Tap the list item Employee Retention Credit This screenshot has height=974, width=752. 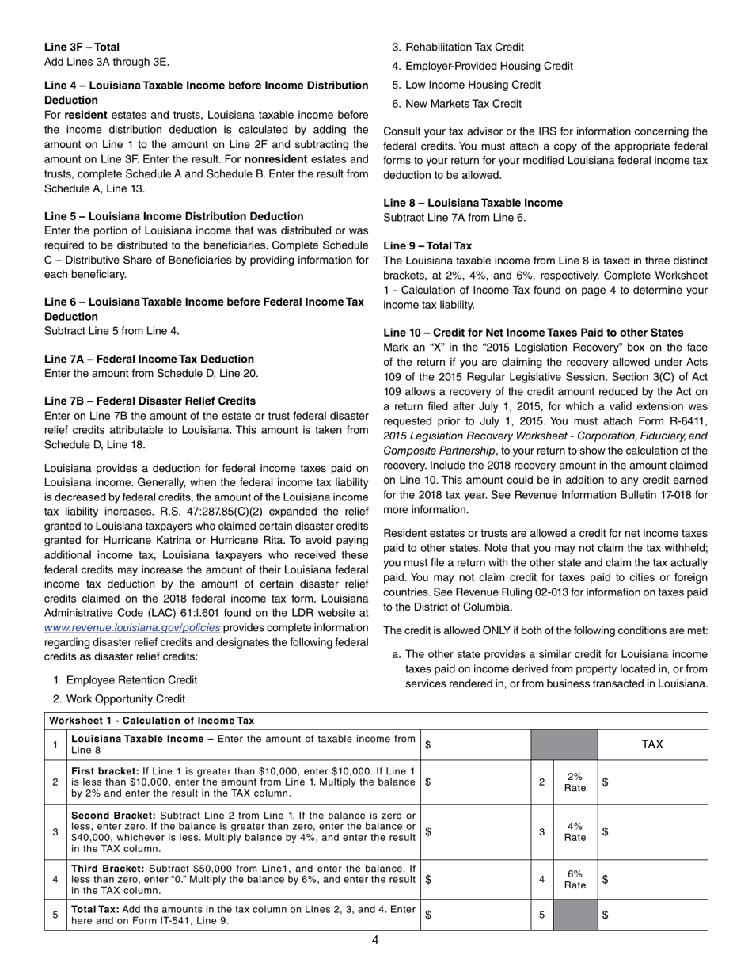(x=131, y=680)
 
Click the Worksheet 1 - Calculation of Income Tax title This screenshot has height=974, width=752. (x=152, y=721)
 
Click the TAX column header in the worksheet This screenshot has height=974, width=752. (x=652, y=744)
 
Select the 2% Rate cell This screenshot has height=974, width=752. (x=575, y=782)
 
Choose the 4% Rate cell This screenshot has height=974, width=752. (x=575, y=831)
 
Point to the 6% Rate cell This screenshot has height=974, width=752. (x=575, y=879)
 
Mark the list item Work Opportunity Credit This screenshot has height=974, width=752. (x=126, y=699)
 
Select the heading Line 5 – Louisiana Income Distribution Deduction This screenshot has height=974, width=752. (x=173, y=216)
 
